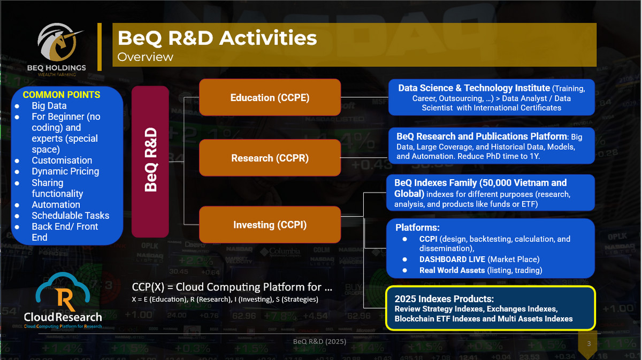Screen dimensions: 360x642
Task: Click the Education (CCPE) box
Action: (270, 97)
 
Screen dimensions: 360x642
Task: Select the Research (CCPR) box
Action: (270, 158)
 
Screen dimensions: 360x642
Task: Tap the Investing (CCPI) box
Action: (270, 225)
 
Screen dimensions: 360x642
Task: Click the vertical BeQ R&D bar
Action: (151, 162)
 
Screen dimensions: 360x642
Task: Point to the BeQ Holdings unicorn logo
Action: (60, 43)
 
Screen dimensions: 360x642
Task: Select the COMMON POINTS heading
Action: (61, 95)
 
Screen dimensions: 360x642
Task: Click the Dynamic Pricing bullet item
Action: (65, 171)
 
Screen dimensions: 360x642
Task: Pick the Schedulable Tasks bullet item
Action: (70, 216)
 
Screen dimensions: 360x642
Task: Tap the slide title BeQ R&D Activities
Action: (217, 38)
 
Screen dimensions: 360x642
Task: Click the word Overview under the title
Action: (145, 57)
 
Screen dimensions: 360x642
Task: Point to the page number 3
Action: (588, 343)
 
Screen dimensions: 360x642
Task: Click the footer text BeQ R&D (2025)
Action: (319, 341)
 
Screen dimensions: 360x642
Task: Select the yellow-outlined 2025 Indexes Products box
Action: (490, 308)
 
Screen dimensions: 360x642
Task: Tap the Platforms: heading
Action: (417, 227)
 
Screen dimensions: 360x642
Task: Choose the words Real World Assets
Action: (451, 270)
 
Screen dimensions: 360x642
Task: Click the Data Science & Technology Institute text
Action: (474, 88)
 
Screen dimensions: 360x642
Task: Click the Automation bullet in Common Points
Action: (56, 204)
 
